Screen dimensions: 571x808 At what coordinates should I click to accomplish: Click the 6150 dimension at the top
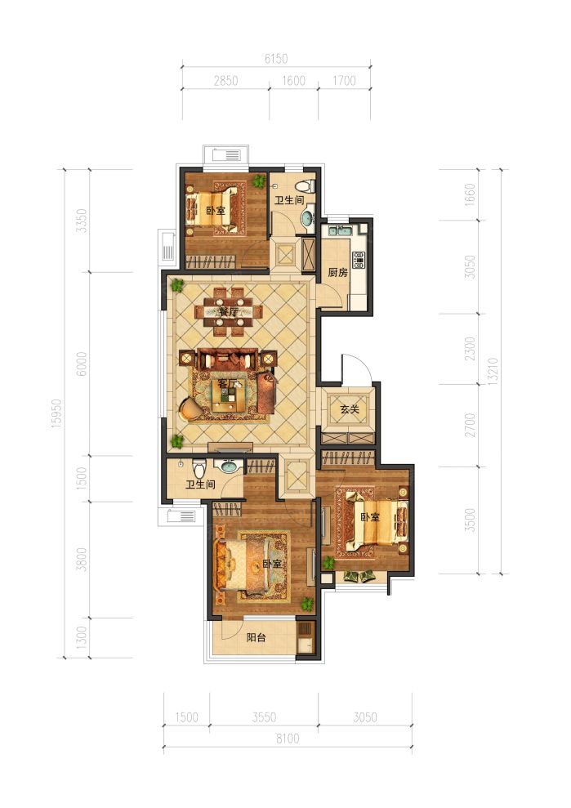(276, 59)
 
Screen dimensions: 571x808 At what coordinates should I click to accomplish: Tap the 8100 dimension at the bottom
(287, 739)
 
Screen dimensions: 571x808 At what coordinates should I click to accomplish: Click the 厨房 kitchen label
(338, 272)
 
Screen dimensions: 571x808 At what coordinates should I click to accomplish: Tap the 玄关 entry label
(350, 409)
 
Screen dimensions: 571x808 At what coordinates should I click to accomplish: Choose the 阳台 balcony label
(257, 637)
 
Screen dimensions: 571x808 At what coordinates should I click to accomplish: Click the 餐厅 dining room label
(228, 312)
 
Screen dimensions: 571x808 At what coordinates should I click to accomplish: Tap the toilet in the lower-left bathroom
(200, 467)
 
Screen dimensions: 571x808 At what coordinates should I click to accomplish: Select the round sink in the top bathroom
(308, 217)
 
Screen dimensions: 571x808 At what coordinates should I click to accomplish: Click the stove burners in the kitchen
(359, 261)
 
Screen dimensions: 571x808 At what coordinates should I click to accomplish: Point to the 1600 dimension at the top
(294, 80)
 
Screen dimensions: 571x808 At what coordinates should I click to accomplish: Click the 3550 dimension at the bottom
(264, 716)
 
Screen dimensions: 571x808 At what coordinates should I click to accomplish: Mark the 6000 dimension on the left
(82, 364)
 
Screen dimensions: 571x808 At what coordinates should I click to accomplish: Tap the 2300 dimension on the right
(470, 349)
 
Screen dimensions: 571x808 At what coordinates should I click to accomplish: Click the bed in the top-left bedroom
(212, 208)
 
